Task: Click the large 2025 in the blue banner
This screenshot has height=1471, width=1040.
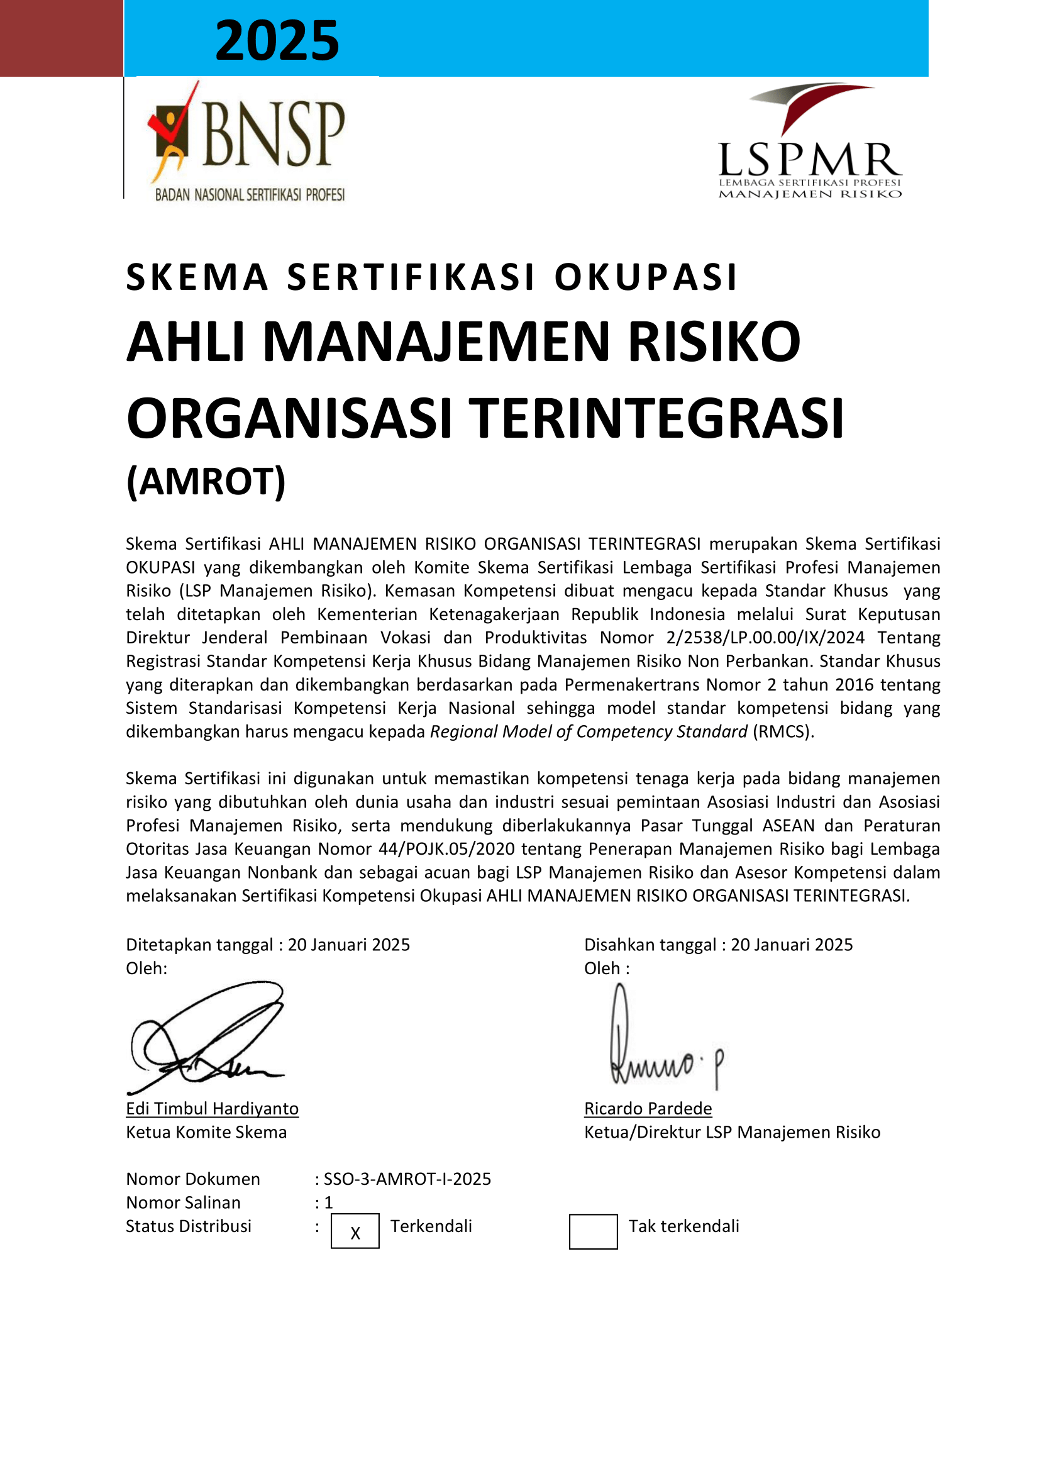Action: [277, 40]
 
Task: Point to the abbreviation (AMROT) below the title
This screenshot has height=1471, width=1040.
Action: [206, 482]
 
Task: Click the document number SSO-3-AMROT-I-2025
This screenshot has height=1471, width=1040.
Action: [407, 1179]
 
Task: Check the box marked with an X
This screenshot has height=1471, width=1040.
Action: [355, 1231]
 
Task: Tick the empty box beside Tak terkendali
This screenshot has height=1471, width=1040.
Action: [593, 1231]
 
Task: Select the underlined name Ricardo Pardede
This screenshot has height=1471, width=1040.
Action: [648, 1108]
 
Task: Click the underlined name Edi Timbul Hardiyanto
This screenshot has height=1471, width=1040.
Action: [212, 1108]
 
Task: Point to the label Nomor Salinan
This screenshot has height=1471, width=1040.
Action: [183, 1202]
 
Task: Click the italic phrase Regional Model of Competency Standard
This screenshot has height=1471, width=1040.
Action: [589, 731]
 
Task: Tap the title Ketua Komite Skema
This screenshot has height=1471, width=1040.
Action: [206, 1132]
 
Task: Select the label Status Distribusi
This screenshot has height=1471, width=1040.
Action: [188, 1226]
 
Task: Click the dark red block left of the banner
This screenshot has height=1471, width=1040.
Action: [61, 38]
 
